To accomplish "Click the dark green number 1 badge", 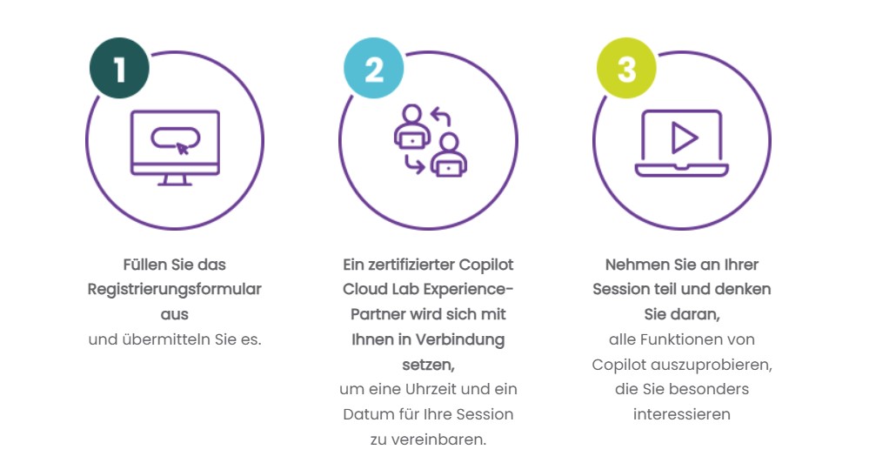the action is [119, 68].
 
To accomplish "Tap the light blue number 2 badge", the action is [374, 68].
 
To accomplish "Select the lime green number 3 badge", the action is [626, 68].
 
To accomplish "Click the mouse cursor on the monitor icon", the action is [182, 149].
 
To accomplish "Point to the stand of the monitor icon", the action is [175, 180].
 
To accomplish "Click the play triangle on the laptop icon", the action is [685, 138].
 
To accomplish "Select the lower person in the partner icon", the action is [449, 156].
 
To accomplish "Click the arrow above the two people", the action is [440, 117].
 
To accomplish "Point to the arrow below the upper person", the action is [414, 164].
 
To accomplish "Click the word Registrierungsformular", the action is [175, 289].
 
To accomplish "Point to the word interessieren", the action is [681, 414].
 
